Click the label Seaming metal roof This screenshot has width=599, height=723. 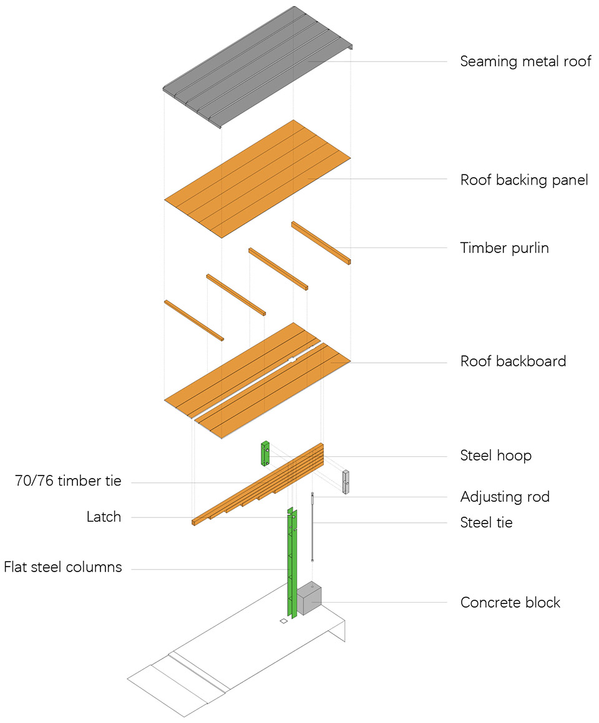525,61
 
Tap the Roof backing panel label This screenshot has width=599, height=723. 524,180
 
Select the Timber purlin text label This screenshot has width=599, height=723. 504,247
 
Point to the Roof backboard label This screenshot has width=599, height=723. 513,361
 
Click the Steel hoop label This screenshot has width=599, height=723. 495,456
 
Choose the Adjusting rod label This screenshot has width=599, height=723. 505,497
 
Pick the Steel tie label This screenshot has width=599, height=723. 486,522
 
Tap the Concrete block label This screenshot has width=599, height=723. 510,603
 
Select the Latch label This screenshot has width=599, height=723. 104,517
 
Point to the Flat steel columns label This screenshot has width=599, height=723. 63,568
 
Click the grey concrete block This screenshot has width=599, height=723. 308,599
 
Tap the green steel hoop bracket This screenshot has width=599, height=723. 265,454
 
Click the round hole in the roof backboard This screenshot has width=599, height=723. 291,360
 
